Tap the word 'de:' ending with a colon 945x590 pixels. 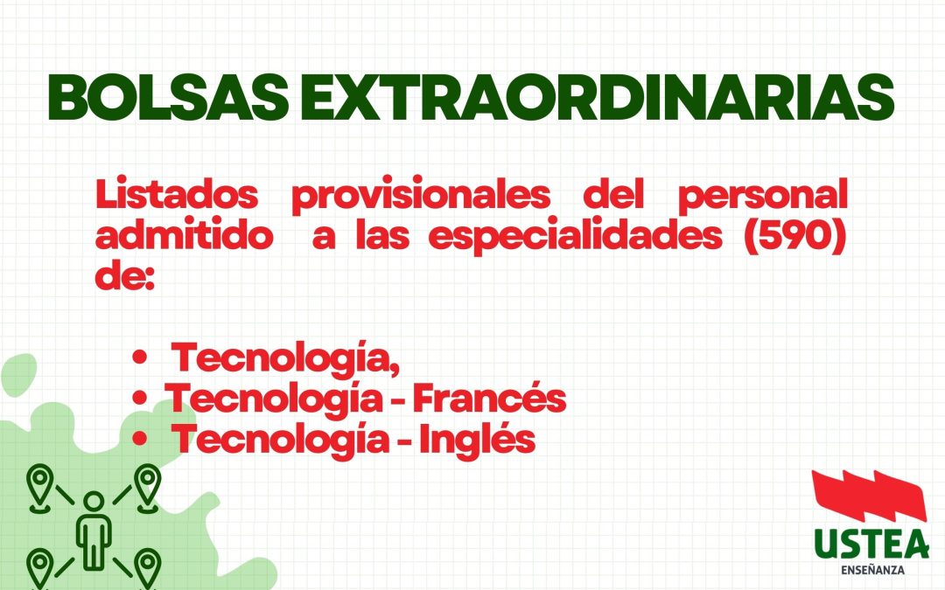coord(124,280)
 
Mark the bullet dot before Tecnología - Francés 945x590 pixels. coord(139,399)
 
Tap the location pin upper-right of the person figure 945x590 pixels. coord(147,484)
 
